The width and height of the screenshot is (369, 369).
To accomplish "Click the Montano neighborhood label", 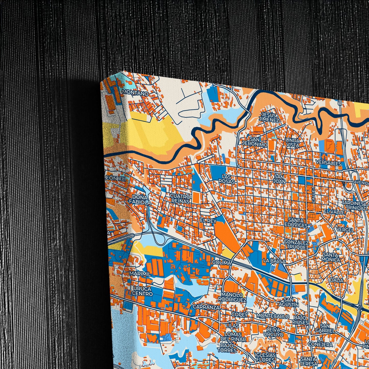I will [135, 93].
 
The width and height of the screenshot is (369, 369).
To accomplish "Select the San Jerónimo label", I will [255, 142].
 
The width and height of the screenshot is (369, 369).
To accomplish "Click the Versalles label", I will [328, 163].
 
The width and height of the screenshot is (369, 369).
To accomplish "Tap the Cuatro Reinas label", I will [180, 199].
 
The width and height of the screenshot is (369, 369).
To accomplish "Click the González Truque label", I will [296, 244].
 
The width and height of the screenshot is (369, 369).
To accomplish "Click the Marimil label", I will [140, 273].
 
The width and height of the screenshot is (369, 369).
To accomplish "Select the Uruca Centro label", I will [142, 291].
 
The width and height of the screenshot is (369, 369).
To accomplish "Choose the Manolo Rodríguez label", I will [233, 297].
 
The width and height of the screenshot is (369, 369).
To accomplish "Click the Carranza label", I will [206, 307].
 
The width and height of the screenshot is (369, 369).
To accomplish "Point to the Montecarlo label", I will [273, 316].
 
